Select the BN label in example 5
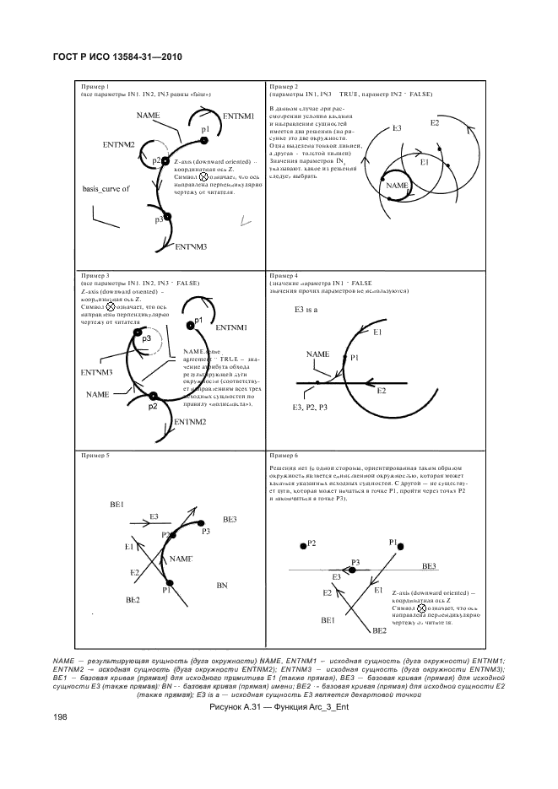223,585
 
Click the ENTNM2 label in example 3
191,422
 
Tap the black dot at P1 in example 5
169,582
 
